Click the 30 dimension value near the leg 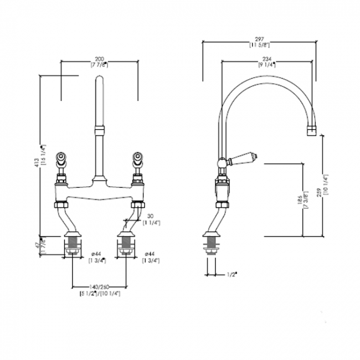point(150,217)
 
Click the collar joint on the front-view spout point(99,131)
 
